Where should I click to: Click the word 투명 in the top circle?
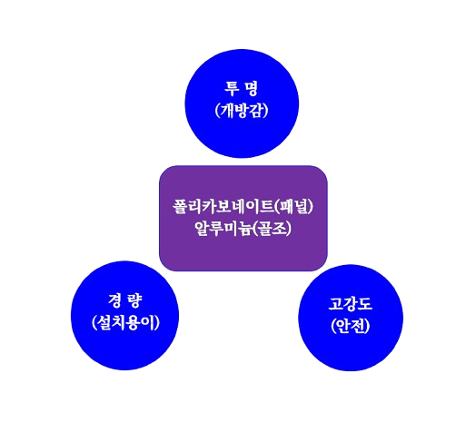[242, 88]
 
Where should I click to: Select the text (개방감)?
[242, 110]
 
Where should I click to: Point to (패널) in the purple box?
[293, 207]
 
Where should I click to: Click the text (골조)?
[272, 229]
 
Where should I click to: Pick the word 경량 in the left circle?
[124, 300]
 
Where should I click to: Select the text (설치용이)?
[125, 322]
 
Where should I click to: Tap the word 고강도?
[351, 304]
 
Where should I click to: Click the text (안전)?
[351, 326]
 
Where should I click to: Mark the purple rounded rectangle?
[243, 218]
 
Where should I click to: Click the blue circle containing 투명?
[242, 103]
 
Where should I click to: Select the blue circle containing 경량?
[124, 315]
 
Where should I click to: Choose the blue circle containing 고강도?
[351, 318]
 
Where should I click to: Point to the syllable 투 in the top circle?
[232, 88]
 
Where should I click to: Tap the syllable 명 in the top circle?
[251, 88]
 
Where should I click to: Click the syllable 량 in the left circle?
[134, 300]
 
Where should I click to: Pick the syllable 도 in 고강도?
[365, 304]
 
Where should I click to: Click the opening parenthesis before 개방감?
[217, 111]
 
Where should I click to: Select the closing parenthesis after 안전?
[368, 327]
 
